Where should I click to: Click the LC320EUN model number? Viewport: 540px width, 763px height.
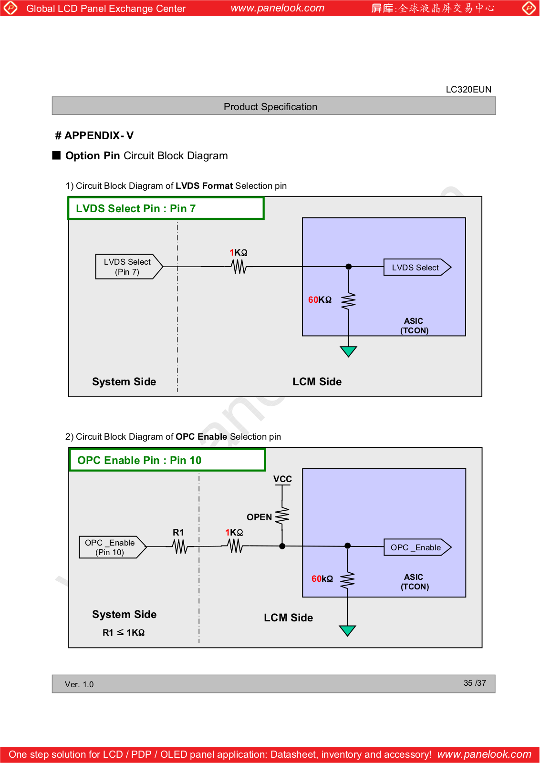(468, 90)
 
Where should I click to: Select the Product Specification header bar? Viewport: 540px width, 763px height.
(273, 106)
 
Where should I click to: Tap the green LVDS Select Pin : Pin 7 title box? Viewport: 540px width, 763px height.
(166, 208)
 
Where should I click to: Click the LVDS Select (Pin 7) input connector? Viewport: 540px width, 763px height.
(129, 267)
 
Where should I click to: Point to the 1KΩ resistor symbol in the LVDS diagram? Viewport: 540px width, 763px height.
(239, 267)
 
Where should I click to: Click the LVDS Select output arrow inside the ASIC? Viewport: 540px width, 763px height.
(417, 268)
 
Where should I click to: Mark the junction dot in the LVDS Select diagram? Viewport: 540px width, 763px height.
(349, 267)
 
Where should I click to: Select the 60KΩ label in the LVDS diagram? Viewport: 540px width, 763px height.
(320, 300)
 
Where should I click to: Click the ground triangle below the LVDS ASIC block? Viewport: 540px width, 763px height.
(348, 351)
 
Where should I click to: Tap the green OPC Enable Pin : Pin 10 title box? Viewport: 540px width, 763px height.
(167, 460)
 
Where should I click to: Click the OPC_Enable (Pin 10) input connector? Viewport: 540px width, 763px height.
(113, 547)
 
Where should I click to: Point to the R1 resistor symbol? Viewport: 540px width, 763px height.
(180, 546)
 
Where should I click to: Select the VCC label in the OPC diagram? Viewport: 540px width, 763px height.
(282, 479)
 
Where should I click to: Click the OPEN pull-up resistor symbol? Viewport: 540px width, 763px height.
(282, 516)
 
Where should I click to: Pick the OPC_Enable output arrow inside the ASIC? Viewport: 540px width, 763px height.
(418, 547)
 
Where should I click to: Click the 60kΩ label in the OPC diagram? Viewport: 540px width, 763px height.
(322, 579)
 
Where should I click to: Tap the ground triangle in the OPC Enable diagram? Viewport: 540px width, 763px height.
(347, 630)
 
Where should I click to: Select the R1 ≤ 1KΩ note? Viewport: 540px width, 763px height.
(124, 632)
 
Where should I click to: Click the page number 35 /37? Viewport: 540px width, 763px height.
(475, 683)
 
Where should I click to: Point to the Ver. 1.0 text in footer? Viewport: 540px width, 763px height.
(79, 684)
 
